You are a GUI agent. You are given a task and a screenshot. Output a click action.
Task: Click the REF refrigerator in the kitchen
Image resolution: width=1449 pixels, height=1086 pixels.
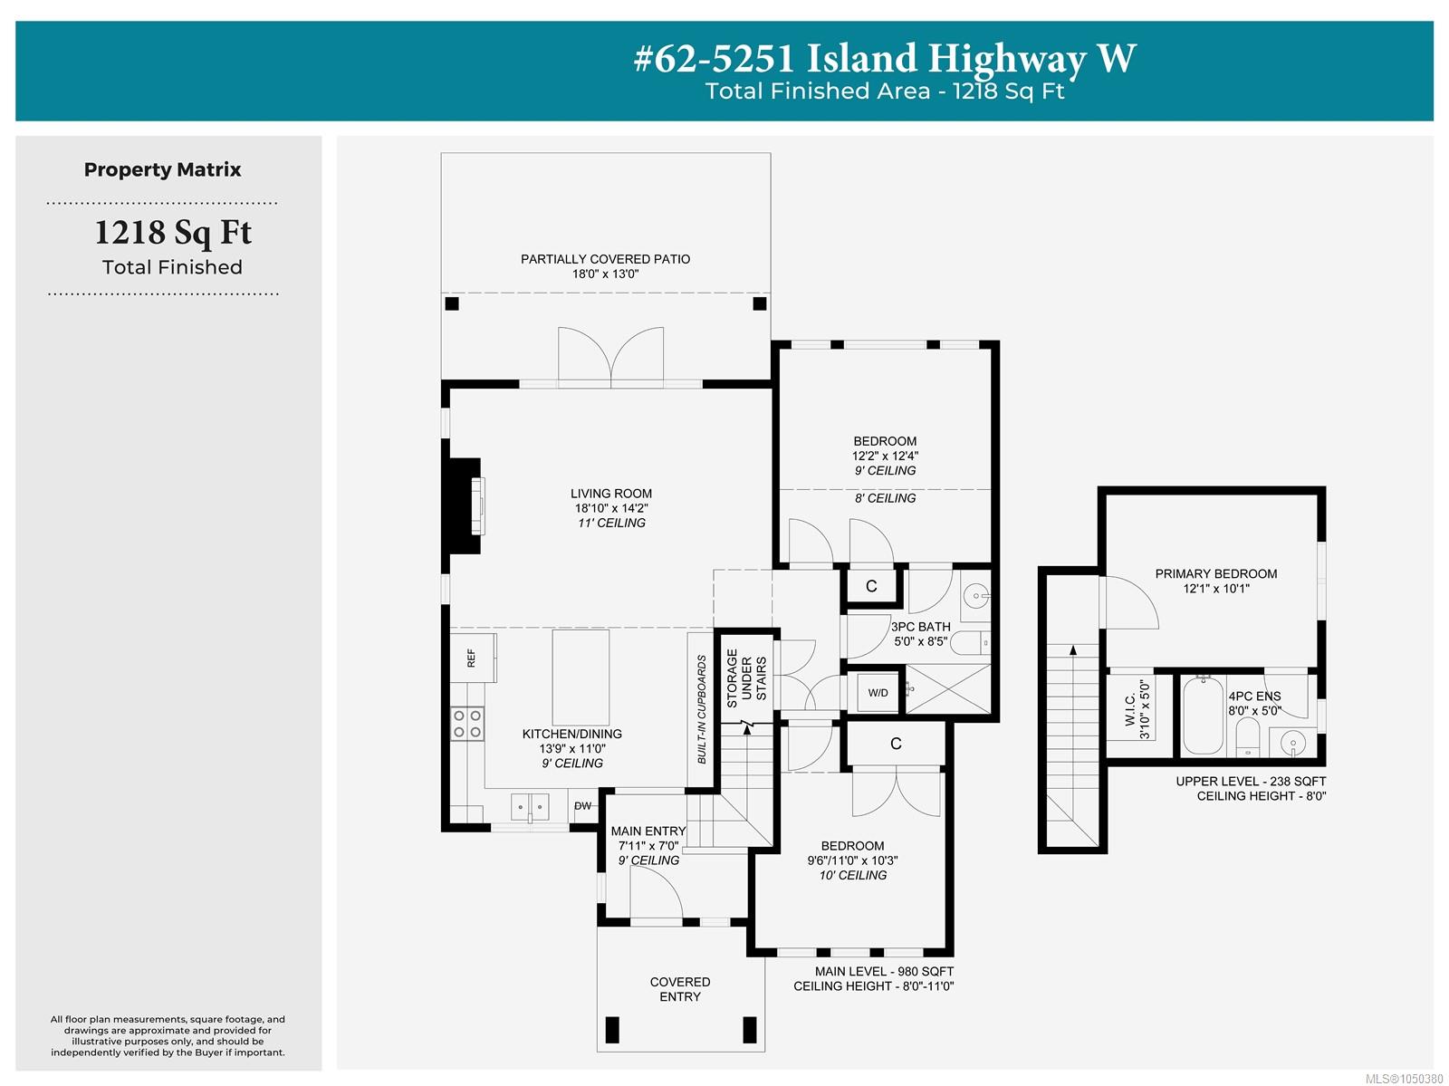pos(473,658)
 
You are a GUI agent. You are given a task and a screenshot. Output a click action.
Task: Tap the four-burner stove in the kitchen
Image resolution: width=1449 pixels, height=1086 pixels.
pos(466,723)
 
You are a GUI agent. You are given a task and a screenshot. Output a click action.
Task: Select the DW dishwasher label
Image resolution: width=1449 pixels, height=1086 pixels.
pos(582,805)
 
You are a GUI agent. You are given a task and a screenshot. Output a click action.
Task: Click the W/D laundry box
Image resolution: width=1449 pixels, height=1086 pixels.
pos(878,693)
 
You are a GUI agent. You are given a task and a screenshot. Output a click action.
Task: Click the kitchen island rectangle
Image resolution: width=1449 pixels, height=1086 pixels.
pos(581,678)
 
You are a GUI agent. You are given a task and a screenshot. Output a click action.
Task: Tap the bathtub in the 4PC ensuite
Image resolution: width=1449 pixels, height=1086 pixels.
pos(1203,715)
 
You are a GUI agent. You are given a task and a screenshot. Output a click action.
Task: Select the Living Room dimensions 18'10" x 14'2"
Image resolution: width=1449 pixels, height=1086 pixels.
pos(610,508)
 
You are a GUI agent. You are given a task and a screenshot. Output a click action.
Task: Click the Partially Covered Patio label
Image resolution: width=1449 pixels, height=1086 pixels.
pos(605,259)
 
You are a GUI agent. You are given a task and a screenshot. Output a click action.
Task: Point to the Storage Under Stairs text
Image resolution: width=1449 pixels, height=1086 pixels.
pos(746,678)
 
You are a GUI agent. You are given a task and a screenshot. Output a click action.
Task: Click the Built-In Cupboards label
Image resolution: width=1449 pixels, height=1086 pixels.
pos(701,710)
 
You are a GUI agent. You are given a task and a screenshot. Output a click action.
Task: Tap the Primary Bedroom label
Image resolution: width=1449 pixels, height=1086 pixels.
pos(1215,573)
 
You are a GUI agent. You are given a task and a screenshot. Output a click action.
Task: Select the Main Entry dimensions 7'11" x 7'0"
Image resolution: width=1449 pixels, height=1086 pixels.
pos(648,845)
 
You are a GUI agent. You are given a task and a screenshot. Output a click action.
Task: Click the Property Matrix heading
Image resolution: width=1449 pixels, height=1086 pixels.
pos(162,169)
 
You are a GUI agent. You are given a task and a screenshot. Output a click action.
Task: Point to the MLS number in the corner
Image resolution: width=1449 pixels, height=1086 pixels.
pos(1404,1078)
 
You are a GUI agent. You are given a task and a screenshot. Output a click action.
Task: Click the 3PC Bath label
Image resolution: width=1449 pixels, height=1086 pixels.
pos(920,627)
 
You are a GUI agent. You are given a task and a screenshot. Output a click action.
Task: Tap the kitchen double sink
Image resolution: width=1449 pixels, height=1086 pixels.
pos(530,806)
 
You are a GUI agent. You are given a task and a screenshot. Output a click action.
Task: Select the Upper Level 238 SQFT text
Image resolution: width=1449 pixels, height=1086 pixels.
pos(1251,781)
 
